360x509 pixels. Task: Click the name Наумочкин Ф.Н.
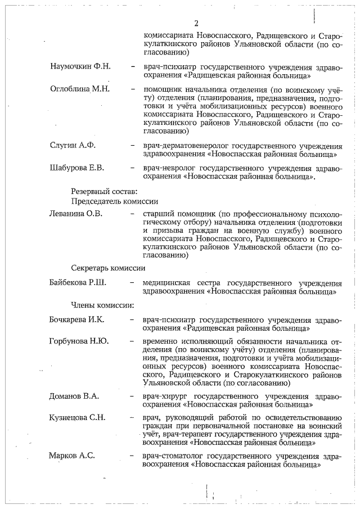coord(80,66)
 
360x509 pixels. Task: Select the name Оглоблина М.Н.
coord(79,89)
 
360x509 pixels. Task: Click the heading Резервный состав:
coord(100,191)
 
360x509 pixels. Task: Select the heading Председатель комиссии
coord(114,201)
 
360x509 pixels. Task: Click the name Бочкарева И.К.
coord(78,319)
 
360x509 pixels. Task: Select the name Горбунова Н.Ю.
coord(79,341)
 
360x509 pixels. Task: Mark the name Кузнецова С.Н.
coord(78,417)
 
